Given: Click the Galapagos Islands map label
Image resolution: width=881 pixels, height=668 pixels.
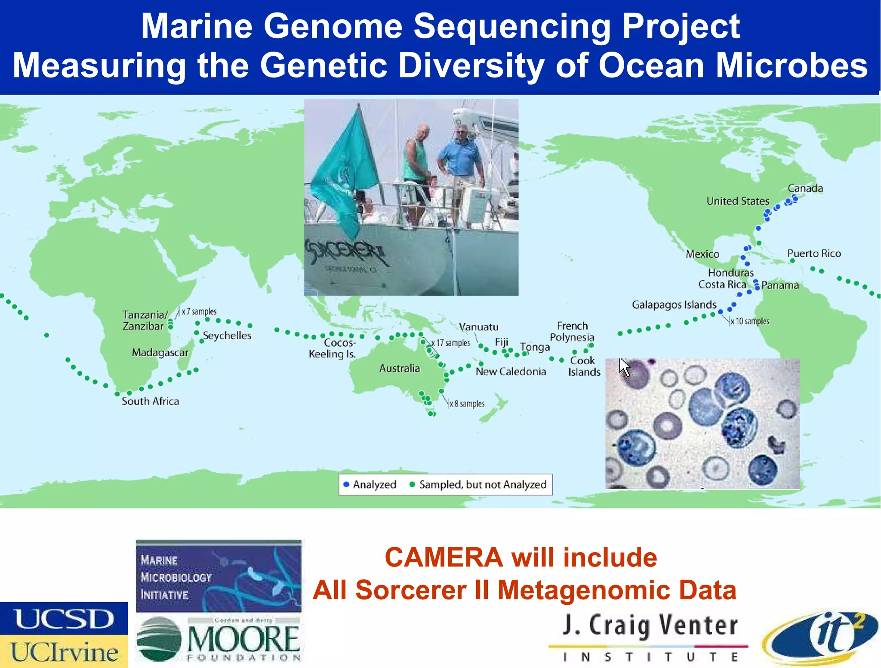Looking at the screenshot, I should [x=674, y=305].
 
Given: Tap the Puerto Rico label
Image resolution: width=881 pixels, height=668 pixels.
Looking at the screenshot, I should [x=814, y=254].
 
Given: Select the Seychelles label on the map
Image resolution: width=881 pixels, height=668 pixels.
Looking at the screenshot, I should [x=227, y=336].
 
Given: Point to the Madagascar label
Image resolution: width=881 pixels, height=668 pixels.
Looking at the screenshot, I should [x=160, y=353].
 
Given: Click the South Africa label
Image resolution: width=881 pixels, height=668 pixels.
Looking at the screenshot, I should [x=150, y=401].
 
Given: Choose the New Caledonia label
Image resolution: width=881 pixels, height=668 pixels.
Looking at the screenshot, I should [x=511, y=372].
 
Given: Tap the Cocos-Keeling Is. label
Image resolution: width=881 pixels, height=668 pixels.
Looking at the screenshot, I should [x=333, y=348].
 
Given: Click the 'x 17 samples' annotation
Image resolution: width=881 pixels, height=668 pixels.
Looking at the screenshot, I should [x=451, y=343].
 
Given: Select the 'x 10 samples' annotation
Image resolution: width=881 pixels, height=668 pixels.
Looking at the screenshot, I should [x=750, y=321].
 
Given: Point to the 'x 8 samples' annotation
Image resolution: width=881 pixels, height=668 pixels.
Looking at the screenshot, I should [x=467, y=404].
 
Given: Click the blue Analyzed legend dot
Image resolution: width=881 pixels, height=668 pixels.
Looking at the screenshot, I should [x=346, y=485].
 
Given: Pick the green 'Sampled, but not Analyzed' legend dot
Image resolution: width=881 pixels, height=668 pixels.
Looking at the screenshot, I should [x=412, y=485].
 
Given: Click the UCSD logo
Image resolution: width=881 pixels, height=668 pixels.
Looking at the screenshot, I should [x=64, y=619].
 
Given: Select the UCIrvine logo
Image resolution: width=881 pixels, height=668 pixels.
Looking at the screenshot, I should [x=64, y=652].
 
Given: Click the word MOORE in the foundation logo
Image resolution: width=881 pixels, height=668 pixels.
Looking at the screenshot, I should [x=243, y=639].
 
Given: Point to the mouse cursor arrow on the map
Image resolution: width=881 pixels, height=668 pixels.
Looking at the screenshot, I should [x=623, y=366].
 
